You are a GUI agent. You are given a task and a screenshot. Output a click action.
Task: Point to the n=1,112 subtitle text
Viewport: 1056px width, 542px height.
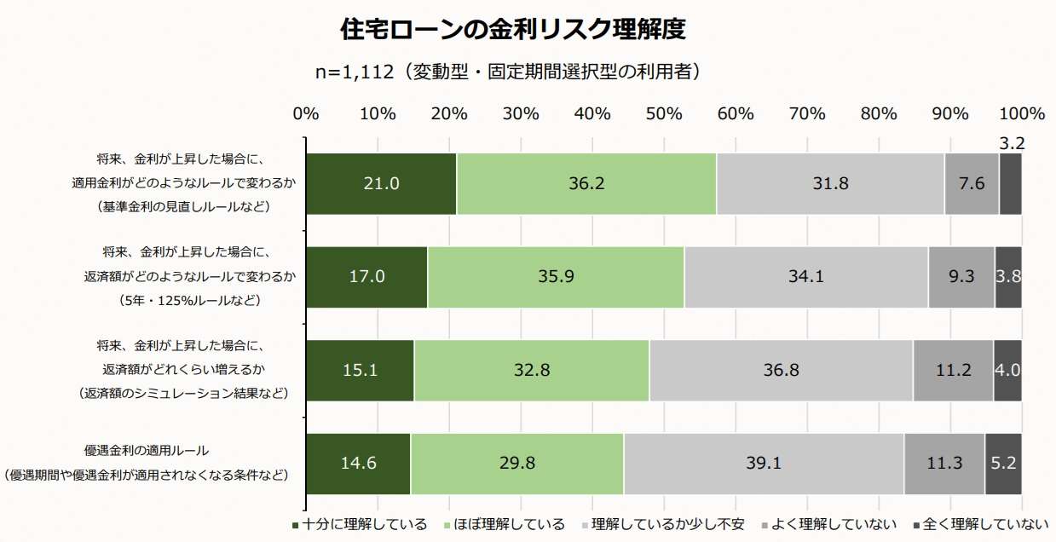click(x=509, y=72)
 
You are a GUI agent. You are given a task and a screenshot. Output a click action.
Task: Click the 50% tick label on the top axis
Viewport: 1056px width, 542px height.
click(x=664, y=114)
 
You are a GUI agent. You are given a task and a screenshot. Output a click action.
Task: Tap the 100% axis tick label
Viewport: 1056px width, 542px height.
click(x=1021, y=114)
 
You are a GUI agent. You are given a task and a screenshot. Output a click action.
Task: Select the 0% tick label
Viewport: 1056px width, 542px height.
click(x=306, y=114)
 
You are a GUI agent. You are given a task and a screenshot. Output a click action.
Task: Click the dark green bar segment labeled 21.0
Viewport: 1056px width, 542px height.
click(x=381, y=183)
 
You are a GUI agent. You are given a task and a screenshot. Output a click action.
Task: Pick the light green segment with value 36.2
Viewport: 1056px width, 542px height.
click(x=586, y=183)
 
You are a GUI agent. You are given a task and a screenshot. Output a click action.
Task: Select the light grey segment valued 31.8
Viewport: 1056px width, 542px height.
click(x=830, y=183)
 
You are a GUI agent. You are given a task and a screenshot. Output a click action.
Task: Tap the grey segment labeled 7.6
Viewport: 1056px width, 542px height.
click(x=972, y=183)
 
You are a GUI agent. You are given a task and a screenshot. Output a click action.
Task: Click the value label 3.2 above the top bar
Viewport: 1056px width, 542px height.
click(x=1011, y=144)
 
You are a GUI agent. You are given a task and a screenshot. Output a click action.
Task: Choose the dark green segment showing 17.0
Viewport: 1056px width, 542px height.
click(x=366, y=277)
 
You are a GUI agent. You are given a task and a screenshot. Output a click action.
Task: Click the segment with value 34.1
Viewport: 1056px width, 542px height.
click(x=805, y=277)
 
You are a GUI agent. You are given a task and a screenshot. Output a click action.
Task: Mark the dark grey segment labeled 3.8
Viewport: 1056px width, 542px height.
click(x=1007, y=277)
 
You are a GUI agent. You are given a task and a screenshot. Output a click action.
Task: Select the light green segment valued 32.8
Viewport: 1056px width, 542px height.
click(x=531, y=370)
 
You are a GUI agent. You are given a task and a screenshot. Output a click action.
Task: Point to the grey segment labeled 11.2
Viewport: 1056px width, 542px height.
click(x=953, y=370)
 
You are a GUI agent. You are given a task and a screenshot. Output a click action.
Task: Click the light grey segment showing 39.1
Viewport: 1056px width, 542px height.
click(x=764, y=464)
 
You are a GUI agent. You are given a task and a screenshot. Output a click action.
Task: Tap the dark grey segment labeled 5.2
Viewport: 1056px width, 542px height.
click(x=1003, y=464)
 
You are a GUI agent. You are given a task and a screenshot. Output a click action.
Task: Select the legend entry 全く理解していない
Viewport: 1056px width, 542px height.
click(x=980, y=524)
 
